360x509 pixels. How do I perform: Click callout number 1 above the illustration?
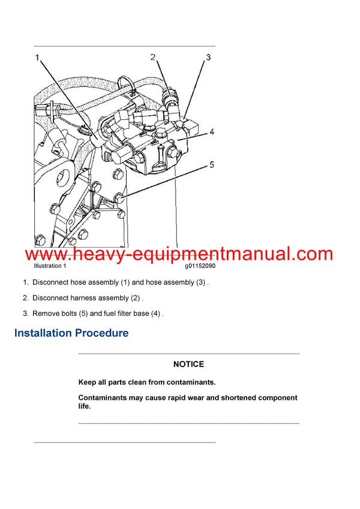coord(37,58)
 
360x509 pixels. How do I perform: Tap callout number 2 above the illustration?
coord(153,58)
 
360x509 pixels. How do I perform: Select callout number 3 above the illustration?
coord(208,58)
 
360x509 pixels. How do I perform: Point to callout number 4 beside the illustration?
coord(211,132)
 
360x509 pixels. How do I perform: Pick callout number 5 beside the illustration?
coord(211,164)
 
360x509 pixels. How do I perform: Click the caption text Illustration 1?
coord(50,266)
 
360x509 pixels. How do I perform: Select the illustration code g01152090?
coord(200,266)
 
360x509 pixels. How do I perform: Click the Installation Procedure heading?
coord(71,333)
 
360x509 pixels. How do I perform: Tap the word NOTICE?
coord(188,364)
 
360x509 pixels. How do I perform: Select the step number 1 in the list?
coord(25,282)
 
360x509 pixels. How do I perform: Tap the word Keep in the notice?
coord(88,382)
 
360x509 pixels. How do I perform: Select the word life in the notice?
coord(84,406)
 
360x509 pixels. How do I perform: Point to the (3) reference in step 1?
coord(200,282)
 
